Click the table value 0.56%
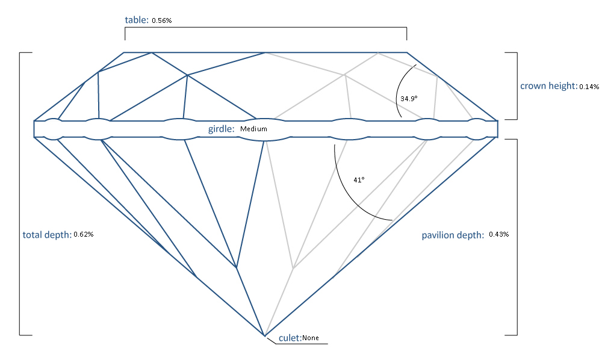point(163,20)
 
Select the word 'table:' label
point(137,20)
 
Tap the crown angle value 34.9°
point(409,98)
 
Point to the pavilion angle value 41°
point(359,179)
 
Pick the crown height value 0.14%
point(589,87)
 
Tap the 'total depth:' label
point(47,235)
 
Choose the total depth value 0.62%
point(83,234)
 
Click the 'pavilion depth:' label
point(453,235)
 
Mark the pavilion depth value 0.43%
point(499,234)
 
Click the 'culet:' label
point(290,338)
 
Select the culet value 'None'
point(311,338)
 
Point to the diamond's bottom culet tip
point(264,335)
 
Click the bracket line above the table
point(265,28)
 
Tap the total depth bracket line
point(20,193)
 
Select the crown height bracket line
point(517,85)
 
